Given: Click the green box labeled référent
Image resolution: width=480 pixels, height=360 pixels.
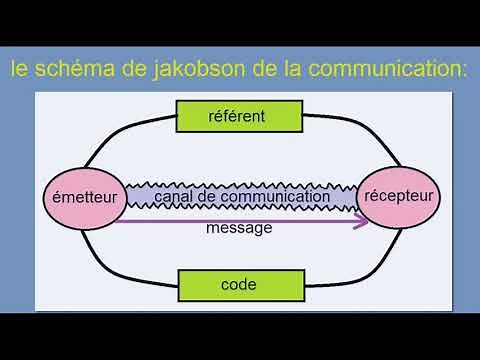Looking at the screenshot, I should [238, 116].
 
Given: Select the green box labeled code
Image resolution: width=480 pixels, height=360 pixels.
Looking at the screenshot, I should [238, 285].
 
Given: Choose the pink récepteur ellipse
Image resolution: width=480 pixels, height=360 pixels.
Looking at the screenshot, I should [398, 195].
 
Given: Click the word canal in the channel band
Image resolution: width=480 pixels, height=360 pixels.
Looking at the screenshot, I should [174, 197].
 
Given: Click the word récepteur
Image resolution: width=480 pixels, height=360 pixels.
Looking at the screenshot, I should [398, 195].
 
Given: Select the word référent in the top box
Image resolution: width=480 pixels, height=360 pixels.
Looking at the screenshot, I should [238, 116].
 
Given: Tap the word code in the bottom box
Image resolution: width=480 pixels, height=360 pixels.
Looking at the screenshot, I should [238, 285].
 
